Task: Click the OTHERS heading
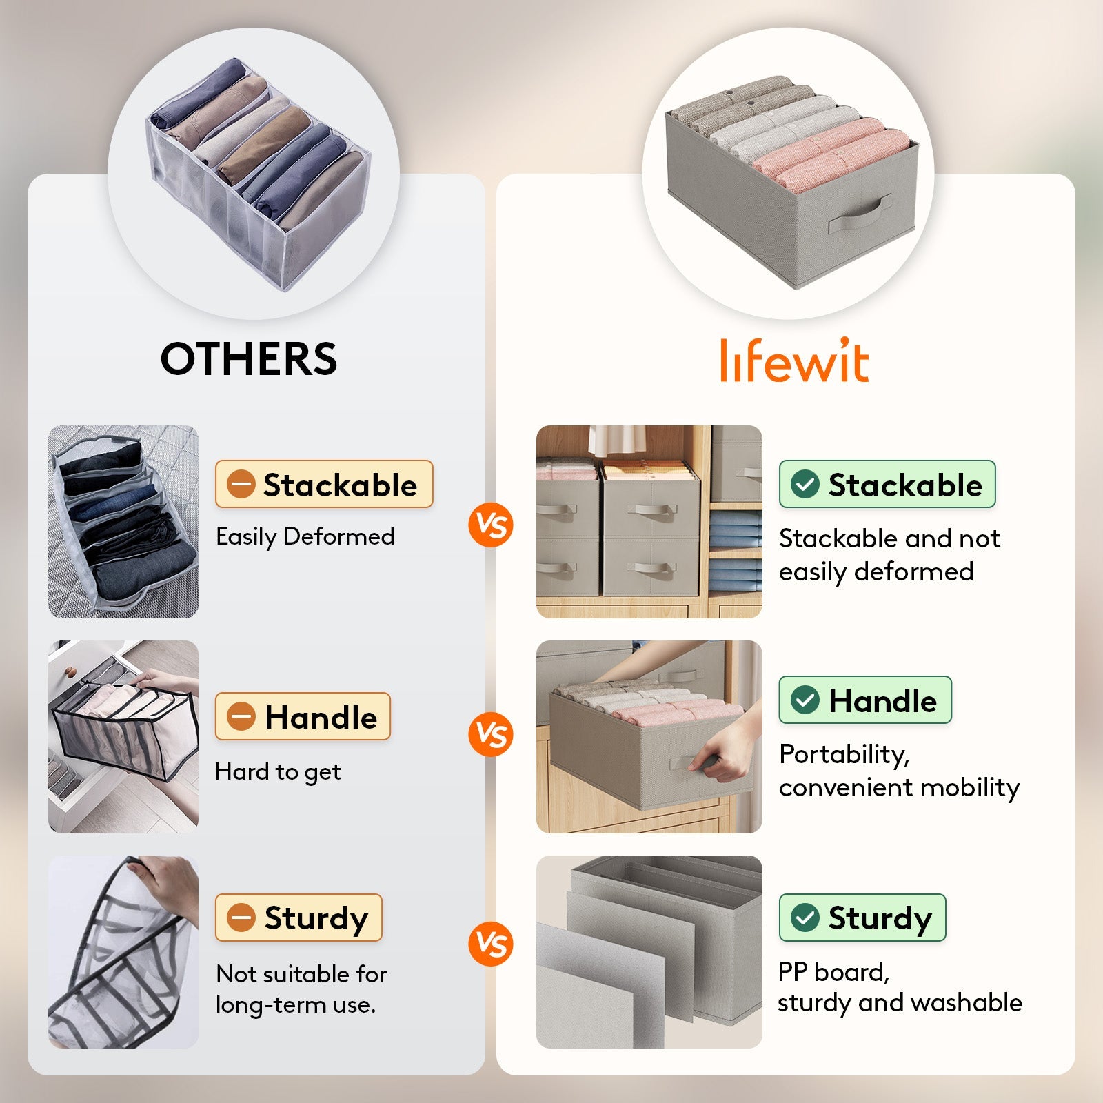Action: click(x=248, y=359)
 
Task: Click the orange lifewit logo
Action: click(x=794, y=361)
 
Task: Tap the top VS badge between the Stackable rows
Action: click(x=491, y=526)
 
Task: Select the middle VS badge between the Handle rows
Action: click(x=491, y=734)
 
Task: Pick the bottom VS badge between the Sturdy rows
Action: click(x=491, y=944)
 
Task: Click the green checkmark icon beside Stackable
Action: click(x=805, y=485)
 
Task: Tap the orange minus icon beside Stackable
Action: click(x=241, y=485)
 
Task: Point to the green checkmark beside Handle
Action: click(x=805, y=700)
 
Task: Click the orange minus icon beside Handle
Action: click(x=241, y=717)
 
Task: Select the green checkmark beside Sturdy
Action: click(x=805, y=918)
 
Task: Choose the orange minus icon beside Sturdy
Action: click(x=241, y=918)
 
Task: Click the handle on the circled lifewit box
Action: click(x=860, y=216)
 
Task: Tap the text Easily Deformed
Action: click(x=305, y=536)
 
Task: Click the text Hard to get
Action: click(x=278, y=771)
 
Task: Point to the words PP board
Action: click(x=833, y=972)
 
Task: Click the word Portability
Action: click(x=844, y=754)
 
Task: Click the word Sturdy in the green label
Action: click(x=880, y=918)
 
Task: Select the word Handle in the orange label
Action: click(x=321, y=717)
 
